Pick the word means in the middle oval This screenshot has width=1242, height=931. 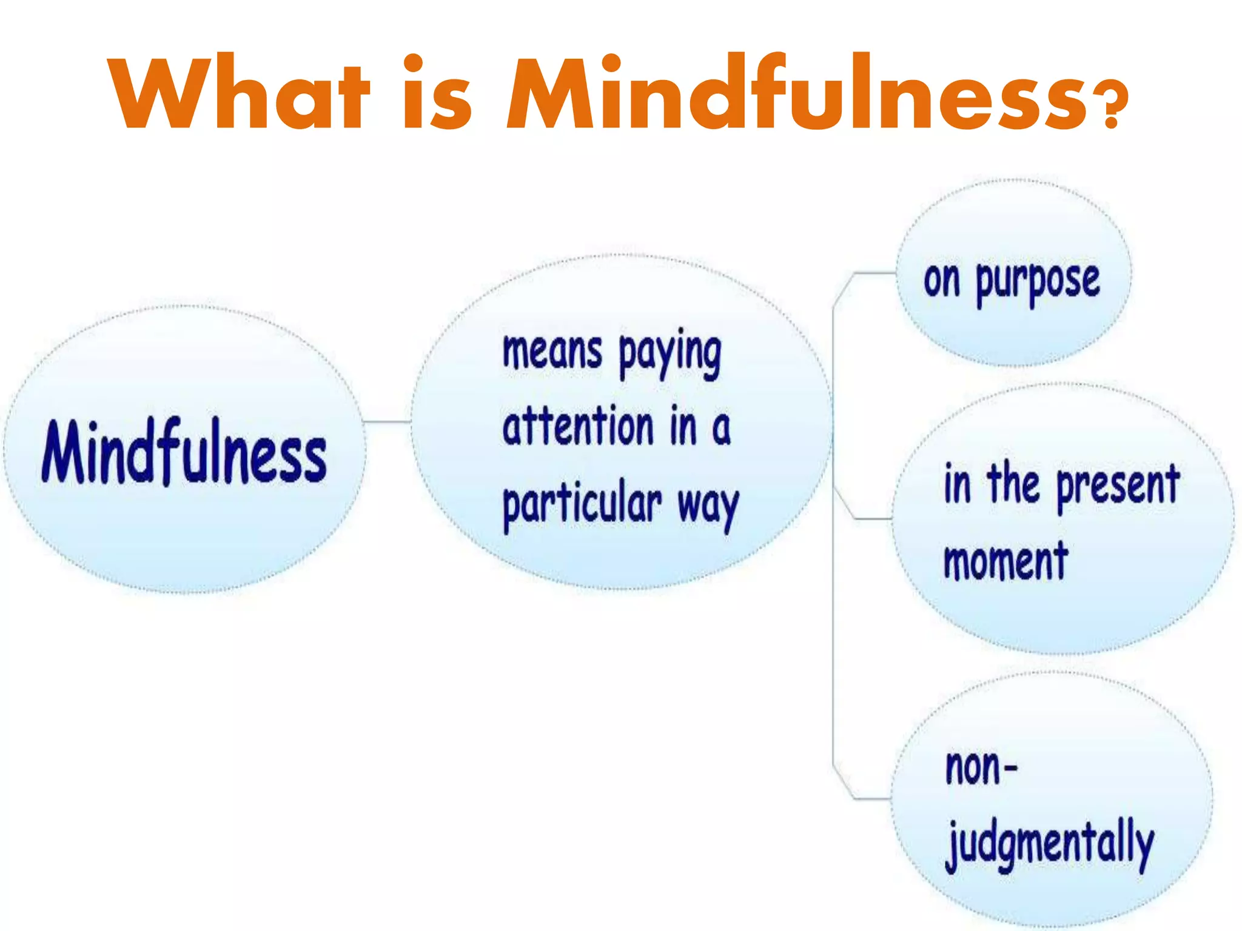[x=552, y=352]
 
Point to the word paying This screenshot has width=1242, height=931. [x=670, y=355]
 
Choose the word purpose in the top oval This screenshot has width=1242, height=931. [x=1038, y=282]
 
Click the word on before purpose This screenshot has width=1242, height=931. [x=942, y=281]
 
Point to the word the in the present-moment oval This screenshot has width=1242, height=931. [x=1013, y=483]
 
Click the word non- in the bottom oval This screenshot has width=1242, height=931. [x=981, y=768]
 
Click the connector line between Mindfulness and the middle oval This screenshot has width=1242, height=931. [x=387, y=421]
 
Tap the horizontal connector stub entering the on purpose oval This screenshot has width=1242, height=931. [x=873, y=273]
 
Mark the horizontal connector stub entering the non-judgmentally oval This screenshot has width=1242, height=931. [x=871, y=799]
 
